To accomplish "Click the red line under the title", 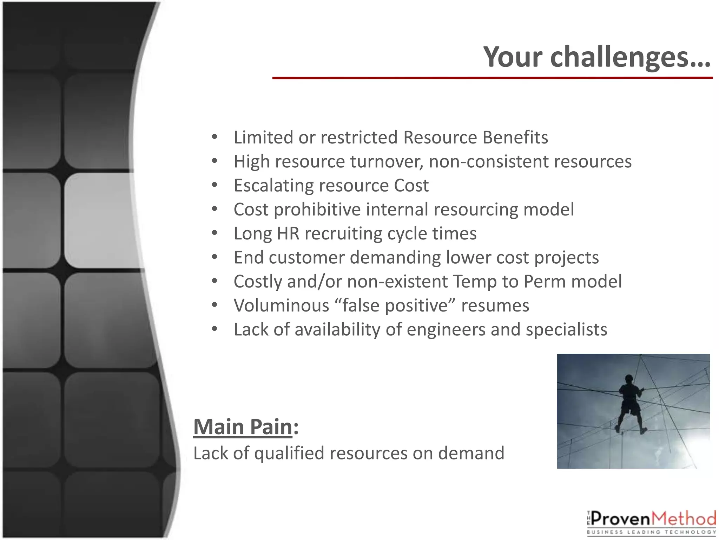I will click(x=492, y=78).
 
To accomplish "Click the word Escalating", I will click(x=273, y=186).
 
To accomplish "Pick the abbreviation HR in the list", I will click(x=288, y=233).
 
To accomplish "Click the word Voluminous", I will click(x=281, y=306).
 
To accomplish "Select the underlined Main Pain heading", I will click(x=243, y=427).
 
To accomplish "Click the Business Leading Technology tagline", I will click(x=651, y=532).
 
